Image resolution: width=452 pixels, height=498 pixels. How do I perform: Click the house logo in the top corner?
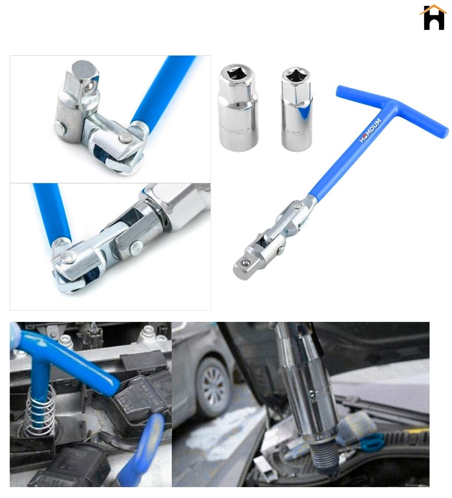tap(433, 18)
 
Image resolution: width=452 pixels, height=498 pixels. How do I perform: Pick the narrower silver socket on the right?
tap(297, 109)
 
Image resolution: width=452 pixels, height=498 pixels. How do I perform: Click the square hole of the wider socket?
tap(236, 74)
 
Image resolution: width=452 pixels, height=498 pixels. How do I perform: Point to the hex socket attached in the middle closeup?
tap(181, 201)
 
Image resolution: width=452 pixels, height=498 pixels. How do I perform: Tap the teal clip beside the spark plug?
tap(372, 441)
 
